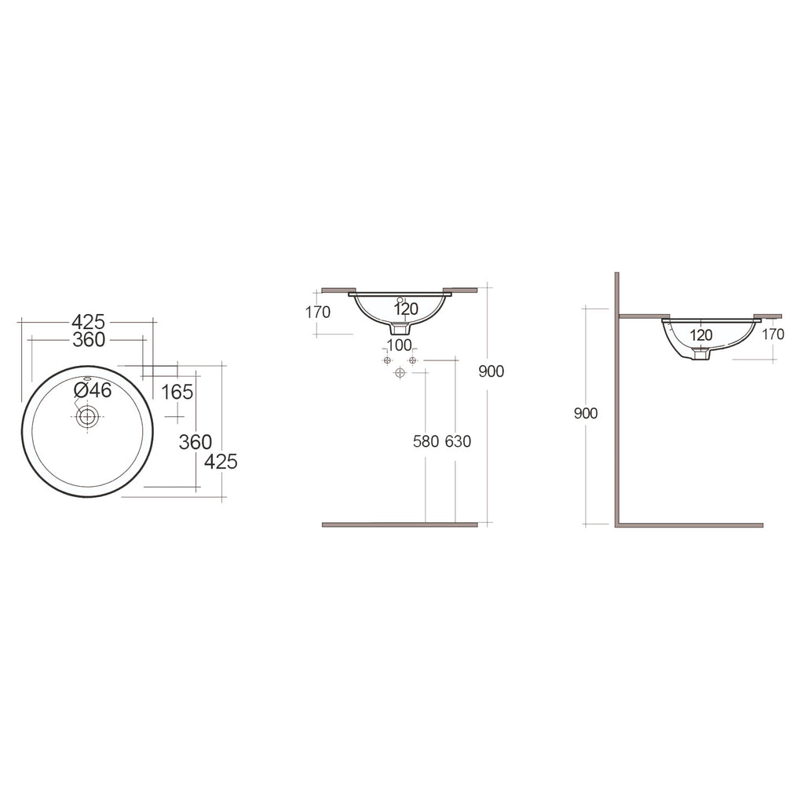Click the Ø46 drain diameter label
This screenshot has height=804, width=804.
click(x=93, y=390)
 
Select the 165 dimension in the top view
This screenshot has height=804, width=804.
click(x=177, y=392)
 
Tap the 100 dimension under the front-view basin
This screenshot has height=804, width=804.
click(x=400, y=345)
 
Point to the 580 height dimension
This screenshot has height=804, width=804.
click(x=426, y=441)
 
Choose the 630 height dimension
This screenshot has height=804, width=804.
click(x=458, y=441)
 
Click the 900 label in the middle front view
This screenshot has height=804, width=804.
click(x=492, y=371)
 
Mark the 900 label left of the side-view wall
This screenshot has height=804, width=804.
click(x=586, y=414)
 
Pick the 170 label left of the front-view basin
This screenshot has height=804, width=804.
click(x=318, y=312)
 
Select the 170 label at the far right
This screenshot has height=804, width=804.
click(x=773, y=334)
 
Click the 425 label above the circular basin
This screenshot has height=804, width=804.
click(x=88, y=321)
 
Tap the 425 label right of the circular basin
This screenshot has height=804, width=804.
click(x=221, y=462)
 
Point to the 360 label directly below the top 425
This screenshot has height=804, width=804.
click(x=89, y=340)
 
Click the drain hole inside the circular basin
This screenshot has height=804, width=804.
click(x=86, y=416)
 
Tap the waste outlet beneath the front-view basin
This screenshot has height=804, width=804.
click(x=400, y=329)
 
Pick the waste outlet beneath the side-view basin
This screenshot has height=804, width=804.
click(x=700, y=354)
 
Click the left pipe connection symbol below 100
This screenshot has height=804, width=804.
click(x=386, y=360)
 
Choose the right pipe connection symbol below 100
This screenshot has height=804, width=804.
click(x=412, y=360)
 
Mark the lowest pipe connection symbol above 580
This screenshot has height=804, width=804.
click(x=400, y=371)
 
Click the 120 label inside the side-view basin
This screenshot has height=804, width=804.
click(x=701, y=334)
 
